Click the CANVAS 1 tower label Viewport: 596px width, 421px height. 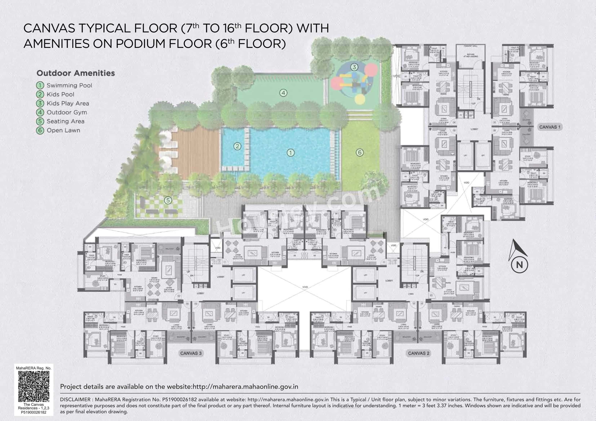pyautogui.click(x=550, y=127)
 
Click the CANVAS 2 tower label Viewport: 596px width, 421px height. pyautogui.click(x=419, y=353)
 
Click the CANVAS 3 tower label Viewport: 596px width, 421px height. pyautogui.click(x=191, y=353)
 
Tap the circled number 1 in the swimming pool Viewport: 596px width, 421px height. pyautogui.click(x=290, y=153)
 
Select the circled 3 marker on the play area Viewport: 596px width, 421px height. pyautogui.click(x=354, y=67)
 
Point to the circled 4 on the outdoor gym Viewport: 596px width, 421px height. pyautogui.click(x=283, y=93)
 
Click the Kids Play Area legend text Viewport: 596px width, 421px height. pyautogui.click(x=68, y=103)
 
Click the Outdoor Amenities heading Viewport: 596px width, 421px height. pyautogui.click(x=75, y=73)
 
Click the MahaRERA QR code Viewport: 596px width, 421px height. pyautogui.click(x=34, y=386)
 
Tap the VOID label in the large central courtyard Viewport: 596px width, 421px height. pyautogui.click(x=305, y=287)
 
